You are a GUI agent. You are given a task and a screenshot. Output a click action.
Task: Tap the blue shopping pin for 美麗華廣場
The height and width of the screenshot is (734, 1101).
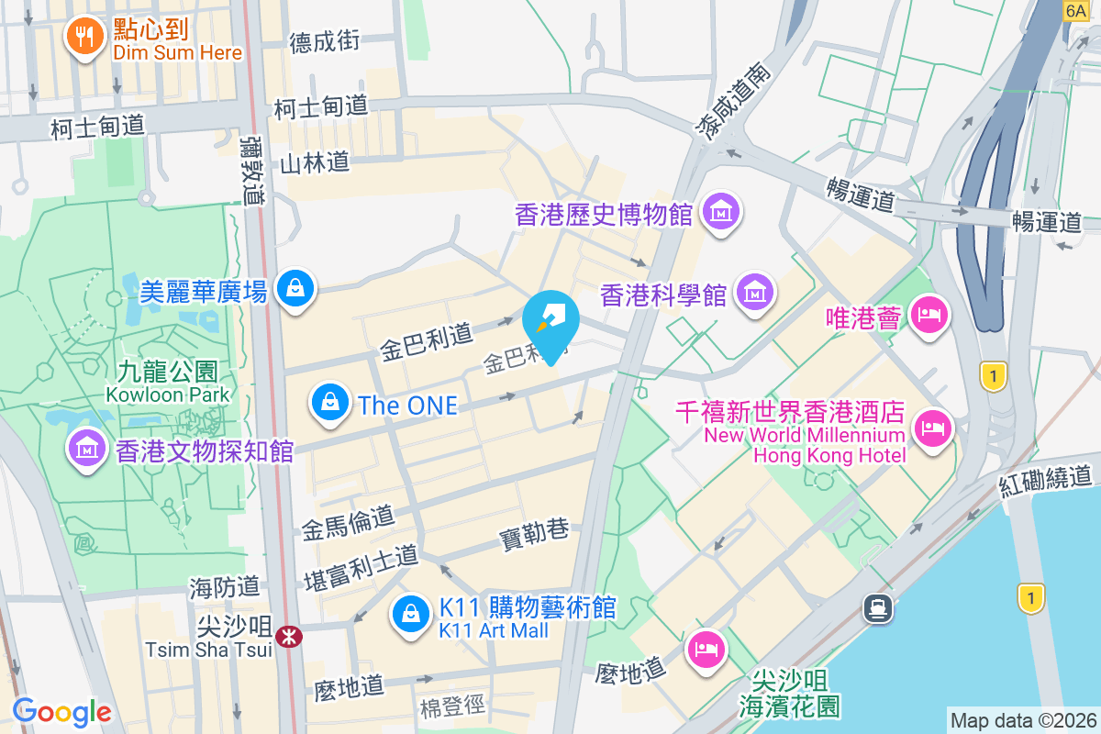(x=295, y=288)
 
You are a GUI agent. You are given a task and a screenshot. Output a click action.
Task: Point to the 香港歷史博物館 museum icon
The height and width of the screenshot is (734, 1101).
(x=720, y=213)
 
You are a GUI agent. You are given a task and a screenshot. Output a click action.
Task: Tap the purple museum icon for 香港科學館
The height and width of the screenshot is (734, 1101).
(x=757, y=294)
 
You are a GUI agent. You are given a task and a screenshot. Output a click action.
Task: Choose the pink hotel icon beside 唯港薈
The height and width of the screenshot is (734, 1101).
(x=929, y=317)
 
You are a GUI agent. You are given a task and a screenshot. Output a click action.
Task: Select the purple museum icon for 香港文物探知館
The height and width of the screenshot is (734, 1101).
(x=86, y=450)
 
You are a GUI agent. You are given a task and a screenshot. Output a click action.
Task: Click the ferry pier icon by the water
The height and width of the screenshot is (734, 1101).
(x=879, y=607)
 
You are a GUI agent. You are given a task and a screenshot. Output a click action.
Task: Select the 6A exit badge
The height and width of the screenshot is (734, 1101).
(x=1075, y=9)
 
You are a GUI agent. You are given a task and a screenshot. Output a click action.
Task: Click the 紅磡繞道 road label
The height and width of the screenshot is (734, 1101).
(x=1047, y=481)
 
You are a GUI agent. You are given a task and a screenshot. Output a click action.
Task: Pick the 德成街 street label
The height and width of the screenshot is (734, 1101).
(x=324, y=41)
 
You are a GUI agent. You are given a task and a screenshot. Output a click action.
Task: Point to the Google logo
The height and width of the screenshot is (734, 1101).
(x=62, y=711)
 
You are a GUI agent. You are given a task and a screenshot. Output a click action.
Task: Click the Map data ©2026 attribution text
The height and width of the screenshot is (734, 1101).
(x=1023, y=720)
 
